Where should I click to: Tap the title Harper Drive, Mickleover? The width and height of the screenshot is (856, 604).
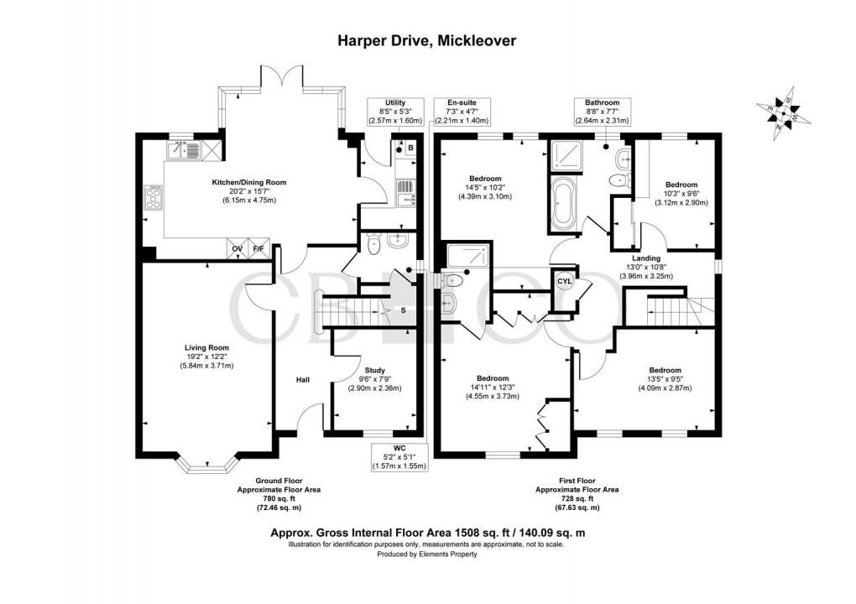coord(427,39)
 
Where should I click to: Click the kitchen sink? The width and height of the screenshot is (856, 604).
coord(183,150)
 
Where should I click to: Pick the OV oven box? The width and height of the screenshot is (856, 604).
coord(237,249)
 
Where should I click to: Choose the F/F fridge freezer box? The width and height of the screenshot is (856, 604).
coord(259,249)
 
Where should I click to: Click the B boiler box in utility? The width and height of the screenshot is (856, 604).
coord(410,148)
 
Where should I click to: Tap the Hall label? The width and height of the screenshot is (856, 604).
coord(302,380)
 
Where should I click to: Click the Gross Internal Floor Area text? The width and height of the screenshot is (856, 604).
coord(427,532)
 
